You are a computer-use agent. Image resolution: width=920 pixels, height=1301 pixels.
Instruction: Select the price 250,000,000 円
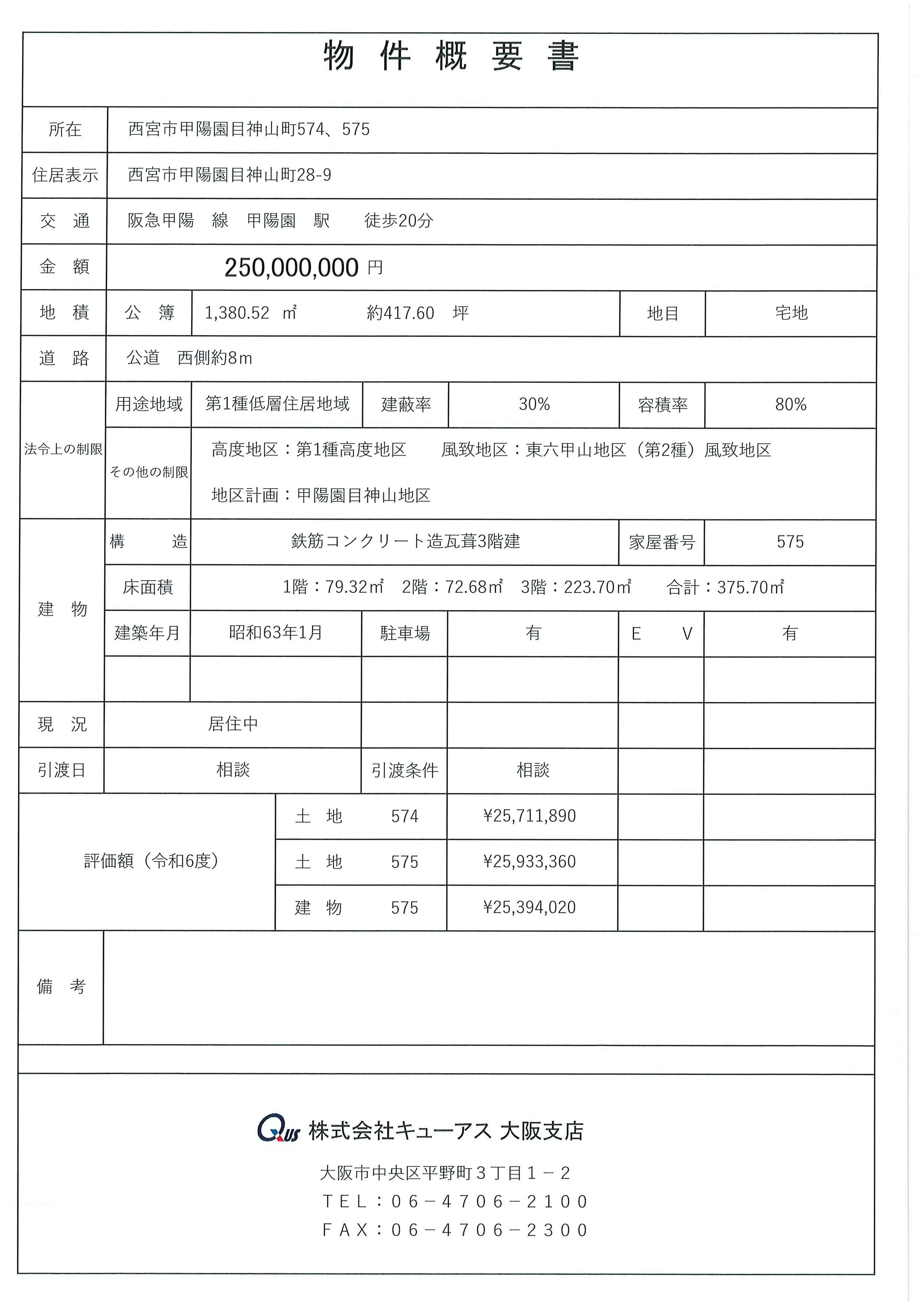point(303,267)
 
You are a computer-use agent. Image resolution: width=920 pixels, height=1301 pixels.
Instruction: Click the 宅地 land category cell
point(791,313)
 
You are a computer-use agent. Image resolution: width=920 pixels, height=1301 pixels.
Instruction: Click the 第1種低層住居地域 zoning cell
point(277,404)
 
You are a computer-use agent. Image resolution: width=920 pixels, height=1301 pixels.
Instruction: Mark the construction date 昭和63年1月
point(276,632)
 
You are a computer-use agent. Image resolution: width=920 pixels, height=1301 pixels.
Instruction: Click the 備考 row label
point(61,987)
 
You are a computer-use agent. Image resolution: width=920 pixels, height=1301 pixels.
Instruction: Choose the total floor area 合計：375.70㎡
point(725,587)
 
